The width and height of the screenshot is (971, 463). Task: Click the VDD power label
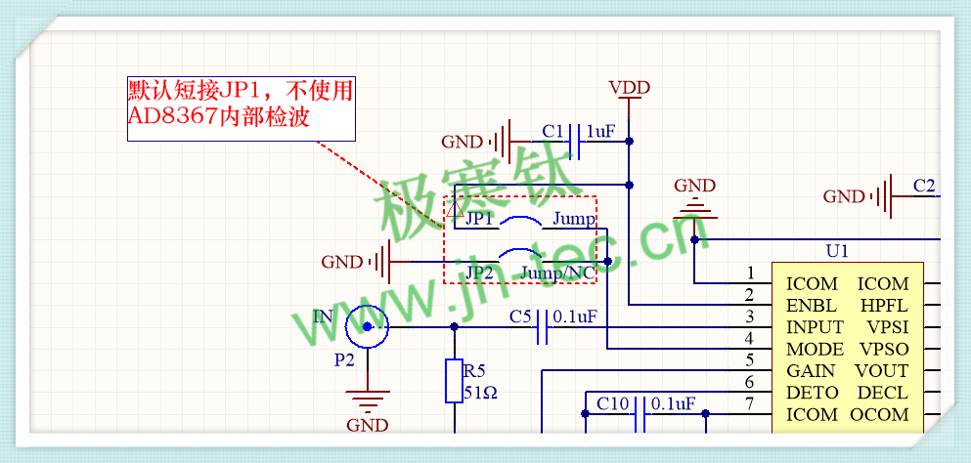pyautogui.click(x=629, y=88)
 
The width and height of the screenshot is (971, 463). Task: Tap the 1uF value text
pyautogui.click(x=600, y=131)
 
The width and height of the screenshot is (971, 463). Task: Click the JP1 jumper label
pyautogui.click(x=479, y=219)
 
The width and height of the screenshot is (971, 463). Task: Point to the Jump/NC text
pyautogui.click(x=557, y=272)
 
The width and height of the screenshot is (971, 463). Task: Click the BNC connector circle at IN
pyautogui.click(x=368, y=327)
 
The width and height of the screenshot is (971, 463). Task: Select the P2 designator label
pyautogui.click(x=344, y=359)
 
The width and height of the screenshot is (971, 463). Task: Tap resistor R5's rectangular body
pyautogui.click(x=454, y=381)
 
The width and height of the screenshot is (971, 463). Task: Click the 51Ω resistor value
pyautogui.click(x=481, y=393)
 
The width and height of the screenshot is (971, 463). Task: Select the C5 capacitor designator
pyautogui.click(x=520, y=316)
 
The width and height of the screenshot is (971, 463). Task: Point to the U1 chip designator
pyautogui.click(x=837, y=250)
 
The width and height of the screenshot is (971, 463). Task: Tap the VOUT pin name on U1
pyautogui.click(x=881, y=370)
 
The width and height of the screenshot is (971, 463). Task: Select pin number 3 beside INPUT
pyautogui.click(x=750, y=316)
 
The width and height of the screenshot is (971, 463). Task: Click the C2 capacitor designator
pyautogui.click(x=924, y=185)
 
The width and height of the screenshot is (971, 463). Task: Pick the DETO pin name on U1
pyautogui.click(x=813, y=393)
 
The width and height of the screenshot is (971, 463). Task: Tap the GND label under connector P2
pyautogui.click(x=368, y=425)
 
